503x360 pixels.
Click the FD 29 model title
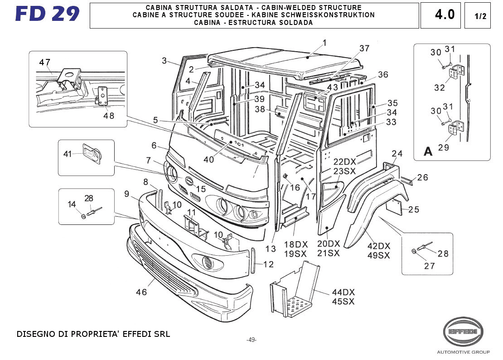point(47,14)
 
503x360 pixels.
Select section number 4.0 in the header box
point(445,15)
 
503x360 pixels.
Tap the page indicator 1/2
point(480,16)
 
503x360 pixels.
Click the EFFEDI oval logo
point(463,332)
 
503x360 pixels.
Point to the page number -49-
point(251,340)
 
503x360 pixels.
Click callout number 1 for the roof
point(324,43)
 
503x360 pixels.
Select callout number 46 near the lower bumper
point(141,292)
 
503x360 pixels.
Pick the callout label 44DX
point(343,292)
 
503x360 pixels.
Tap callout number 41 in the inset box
point(68,154)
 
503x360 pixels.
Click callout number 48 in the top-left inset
point(108,116)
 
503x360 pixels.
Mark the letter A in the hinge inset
point(428,152)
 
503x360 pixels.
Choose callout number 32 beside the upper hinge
point(439,88)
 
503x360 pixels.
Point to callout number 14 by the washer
point(72,204)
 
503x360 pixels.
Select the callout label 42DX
point(379,246)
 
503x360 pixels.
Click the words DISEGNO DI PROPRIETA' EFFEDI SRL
point(93,335)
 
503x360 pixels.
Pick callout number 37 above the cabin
point(364,49)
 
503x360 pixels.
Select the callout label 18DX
point(296,244)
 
